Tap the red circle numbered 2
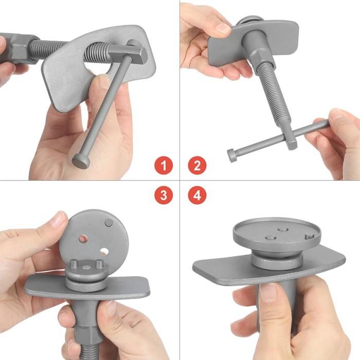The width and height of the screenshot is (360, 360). click(x=197, y=167)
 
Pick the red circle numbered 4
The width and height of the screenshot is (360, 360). click(x=197, y=195)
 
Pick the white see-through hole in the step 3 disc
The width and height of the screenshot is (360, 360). click(x=104, y=251)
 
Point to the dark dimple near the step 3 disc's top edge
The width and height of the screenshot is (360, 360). click(x=109, y=223)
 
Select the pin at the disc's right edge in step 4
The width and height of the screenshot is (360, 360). click(x=309, y=238)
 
